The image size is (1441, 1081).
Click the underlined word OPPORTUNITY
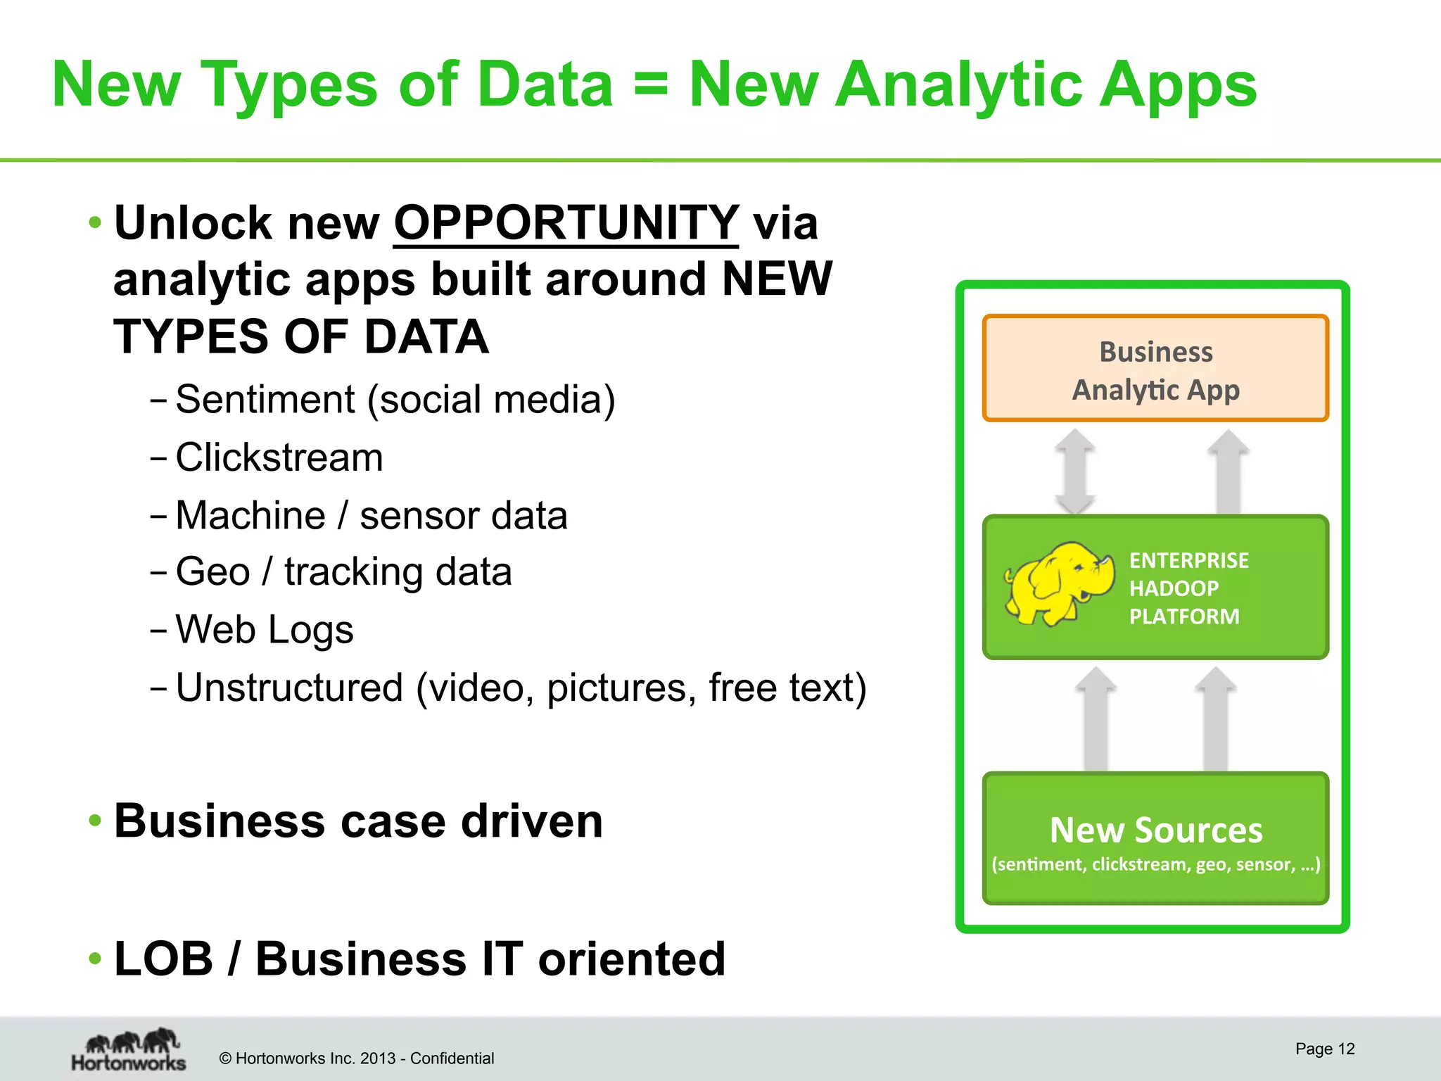pos(566,224)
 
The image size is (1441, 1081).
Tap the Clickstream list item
pos(279,457)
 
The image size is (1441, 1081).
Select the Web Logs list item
pos(265,629)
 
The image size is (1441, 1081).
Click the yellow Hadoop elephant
pos(1058,583)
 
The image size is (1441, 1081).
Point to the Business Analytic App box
pos(1155,369)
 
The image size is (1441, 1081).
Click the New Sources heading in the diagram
pos(1155,830)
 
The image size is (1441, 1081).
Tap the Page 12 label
pos(1324,1049)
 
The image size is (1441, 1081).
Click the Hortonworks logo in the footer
pos(129,1050)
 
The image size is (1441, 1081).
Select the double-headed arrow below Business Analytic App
pos(1074,472)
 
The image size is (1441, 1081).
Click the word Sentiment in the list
pos(265,400)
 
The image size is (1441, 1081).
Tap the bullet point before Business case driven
pos(95,821)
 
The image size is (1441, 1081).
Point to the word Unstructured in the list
pos(289,688)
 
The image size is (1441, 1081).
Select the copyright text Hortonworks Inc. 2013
pos(356,1058)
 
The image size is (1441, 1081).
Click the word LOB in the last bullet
pos(163,959)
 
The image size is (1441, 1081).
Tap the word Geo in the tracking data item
pos(212,571)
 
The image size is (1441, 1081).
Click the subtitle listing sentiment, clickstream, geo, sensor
pos(1155,865)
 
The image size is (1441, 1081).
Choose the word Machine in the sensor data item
pos(250,515)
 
